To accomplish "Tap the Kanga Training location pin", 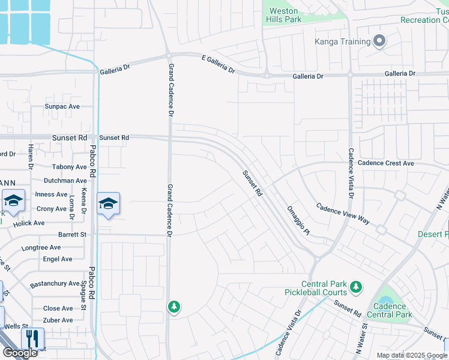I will (x=379, y=41).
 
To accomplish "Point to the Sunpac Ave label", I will (x=62, y=106).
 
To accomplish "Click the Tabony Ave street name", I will (x=69, y=167).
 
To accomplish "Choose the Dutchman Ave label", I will (x=65, y=181).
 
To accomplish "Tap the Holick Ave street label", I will (x=30, y=223).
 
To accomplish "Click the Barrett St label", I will (x=72, y=235).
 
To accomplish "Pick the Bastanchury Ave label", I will (x=55, y=283).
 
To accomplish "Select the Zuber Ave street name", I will (x=58, y=320).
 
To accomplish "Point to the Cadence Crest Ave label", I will (x=385, y=163).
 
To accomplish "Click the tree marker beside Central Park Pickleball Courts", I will (x=356, y=287).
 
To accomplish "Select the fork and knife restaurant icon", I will (x=32, y=338).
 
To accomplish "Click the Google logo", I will (x=20, y=353).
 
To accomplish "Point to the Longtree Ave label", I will (x=41, y=247).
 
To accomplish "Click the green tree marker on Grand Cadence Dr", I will (x=174, y=307).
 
